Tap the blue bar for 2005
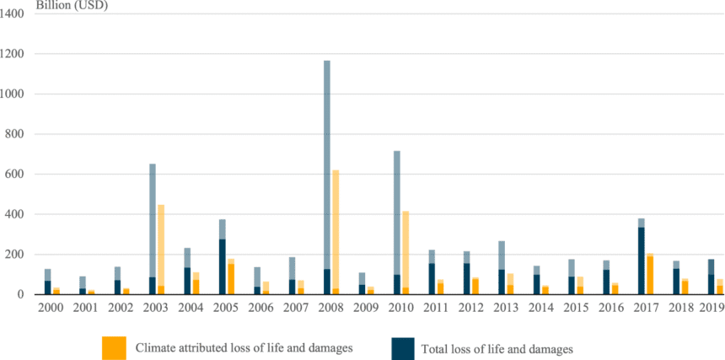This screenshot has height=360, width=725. pos(223,266)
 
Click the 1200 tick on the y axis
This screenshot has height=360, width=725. pos(19,54)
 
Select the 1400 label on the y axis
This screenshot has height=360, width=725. pos(19,14)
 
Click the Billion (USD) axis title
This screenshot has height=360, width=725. pos(72,5)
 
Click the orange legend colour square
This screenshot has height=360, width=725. pos(115,347)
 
